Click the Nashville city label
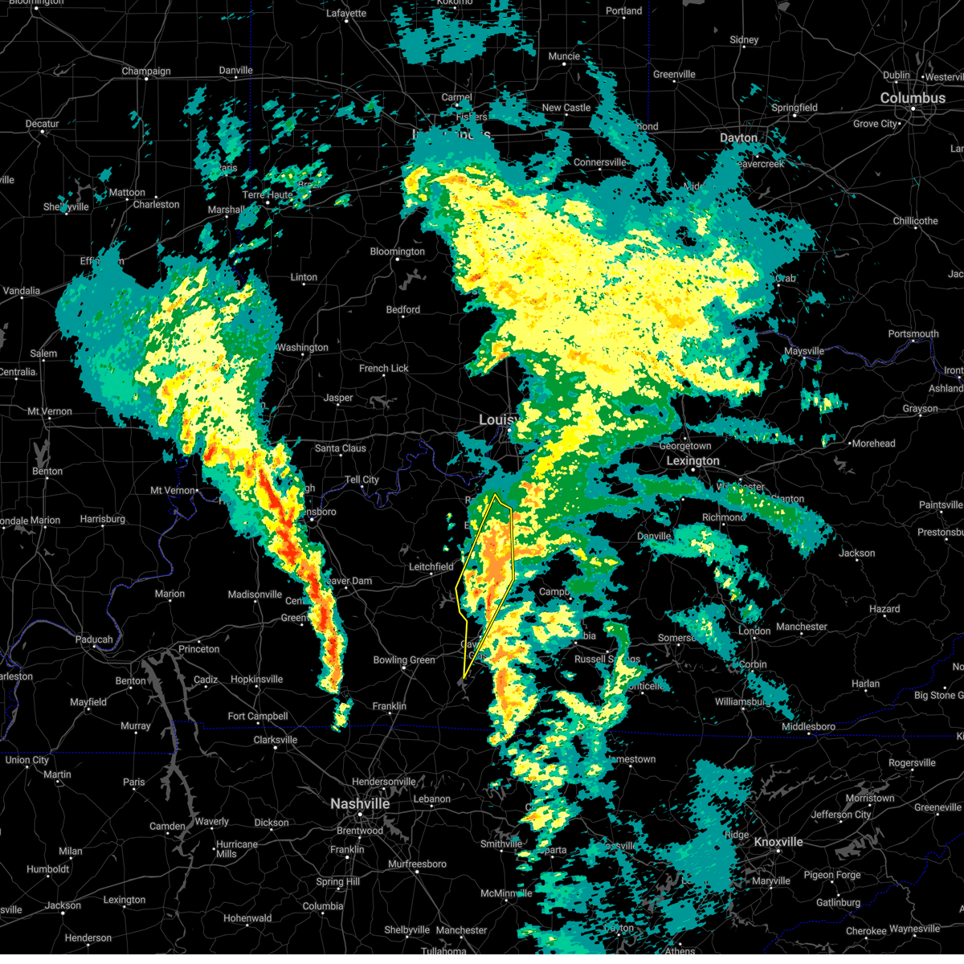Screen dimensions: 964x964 [360, 804]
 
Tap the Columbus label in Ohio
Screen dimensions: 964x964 [913, 98]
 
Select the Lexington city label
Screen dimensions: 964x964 [692, 460]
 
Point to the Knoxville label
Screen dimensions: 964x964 [778, 842]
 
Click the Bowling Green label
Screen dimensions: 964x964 [404, 660]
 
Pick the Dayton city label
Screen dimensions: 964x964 [738, 138]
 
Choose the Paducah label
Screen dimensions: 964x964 [94, 639]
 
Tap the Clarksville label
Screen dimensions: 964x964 [276, 740]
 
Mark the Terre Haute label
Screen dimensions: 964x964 [268, 195]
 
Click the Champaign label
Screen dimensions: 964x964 [146, 71]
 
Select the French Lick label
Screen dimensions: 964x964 [384, 369]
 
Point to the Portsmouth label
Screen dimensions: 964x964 [913, 334]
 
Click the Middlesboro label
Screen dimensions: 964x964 [808, 727]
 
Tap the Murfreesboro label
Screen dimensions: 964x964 [416, 864]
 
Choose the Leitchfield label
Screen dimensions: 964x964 [431, 566]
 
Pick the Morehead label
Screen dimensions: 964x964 [873, 443]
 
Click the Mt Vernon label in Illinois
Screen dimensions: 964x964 [49, 411]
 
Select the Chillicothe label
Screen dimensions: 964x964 [915, 221]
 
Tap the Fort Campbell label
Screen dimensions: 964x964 [257, 717]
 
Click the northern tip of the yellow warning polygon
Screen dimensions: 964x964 [497, 495]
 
